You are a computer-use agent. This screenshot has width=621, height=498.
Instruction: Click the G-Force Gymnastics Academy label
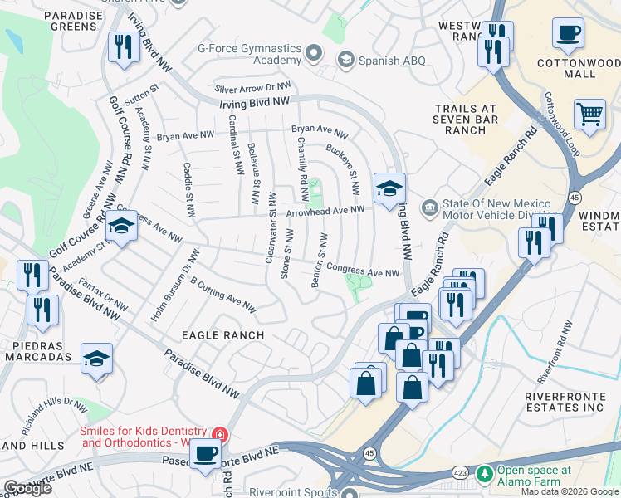pos(248,55)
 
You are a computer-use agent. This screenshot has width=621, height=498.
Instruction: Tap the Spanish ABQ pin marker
pos(345,60)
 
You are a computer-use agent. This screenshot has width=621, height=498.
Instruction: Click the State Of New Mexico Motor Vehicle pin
pos(429,207)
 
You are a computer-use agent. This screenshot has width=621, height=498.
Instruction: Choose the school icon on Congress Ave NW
pos(121,226)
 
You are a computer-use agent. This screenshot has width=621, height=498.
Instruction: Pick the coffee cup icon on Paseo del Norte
pos(205,453)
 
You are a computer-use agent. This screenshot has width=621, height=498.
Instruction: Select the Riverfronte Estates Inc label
pos(569,402)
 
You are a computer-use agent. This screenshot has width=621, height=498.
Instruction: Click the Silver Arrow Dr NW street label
pos(253,87)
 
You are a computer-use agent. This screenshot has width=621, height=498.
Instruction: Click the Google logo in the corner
pos(27,488)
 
